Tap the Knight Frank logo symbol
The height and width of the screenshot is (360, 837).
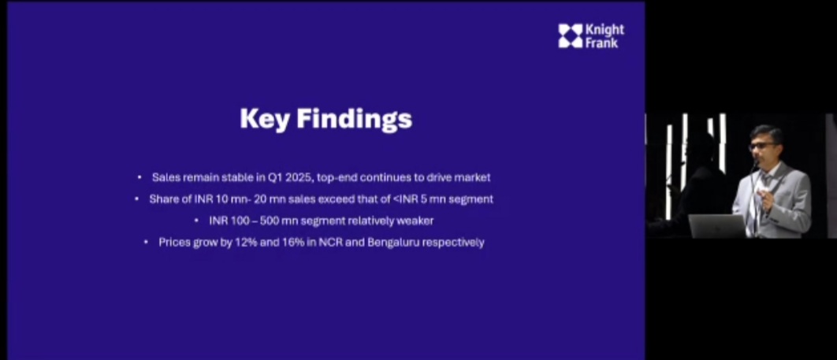point(570,35)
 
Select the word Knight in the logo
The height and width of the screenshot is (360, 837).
point(604,29)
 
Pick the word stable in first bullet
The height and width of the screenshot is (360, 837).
point(232,177)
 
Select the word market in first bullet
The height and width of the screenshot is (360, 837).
point(473,177)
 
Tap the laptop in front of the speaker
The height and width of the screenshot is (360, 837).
point(717,225)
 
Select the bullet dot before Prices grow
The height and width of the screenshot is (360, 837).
point(146,243)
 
